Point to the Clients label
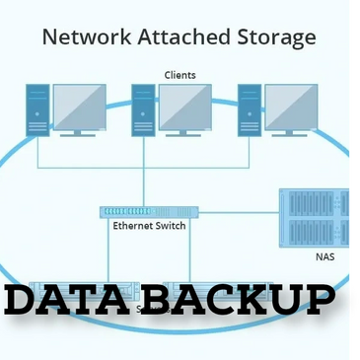pyautogui.click(x=180, y=75)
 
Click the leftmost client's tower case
pyautogui.click(x=37, y=110)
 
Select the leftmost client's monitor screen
pyautogui.click(x=79, y=107)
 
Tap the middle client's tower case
pyautogui.click(x=144, y=110)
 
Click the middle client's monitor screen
pyautogui.click(x=185, y=107)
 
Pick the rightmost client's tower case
pyautogui.click(x=250, y=110)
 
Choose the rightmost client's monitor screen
pyautogui.click(x=291, y=107)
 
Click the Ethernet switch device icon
pyautogui.click(x=149, y=211)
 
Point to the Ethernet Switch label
pyautogui.click(x=149, y=226)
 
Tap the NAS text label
pyautogui.click(x=324, y=256)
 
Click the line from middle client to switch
pyautogui.click(x=144, y=173)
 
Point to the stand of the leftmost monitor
pyautogui.click(x=79, y=132)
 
